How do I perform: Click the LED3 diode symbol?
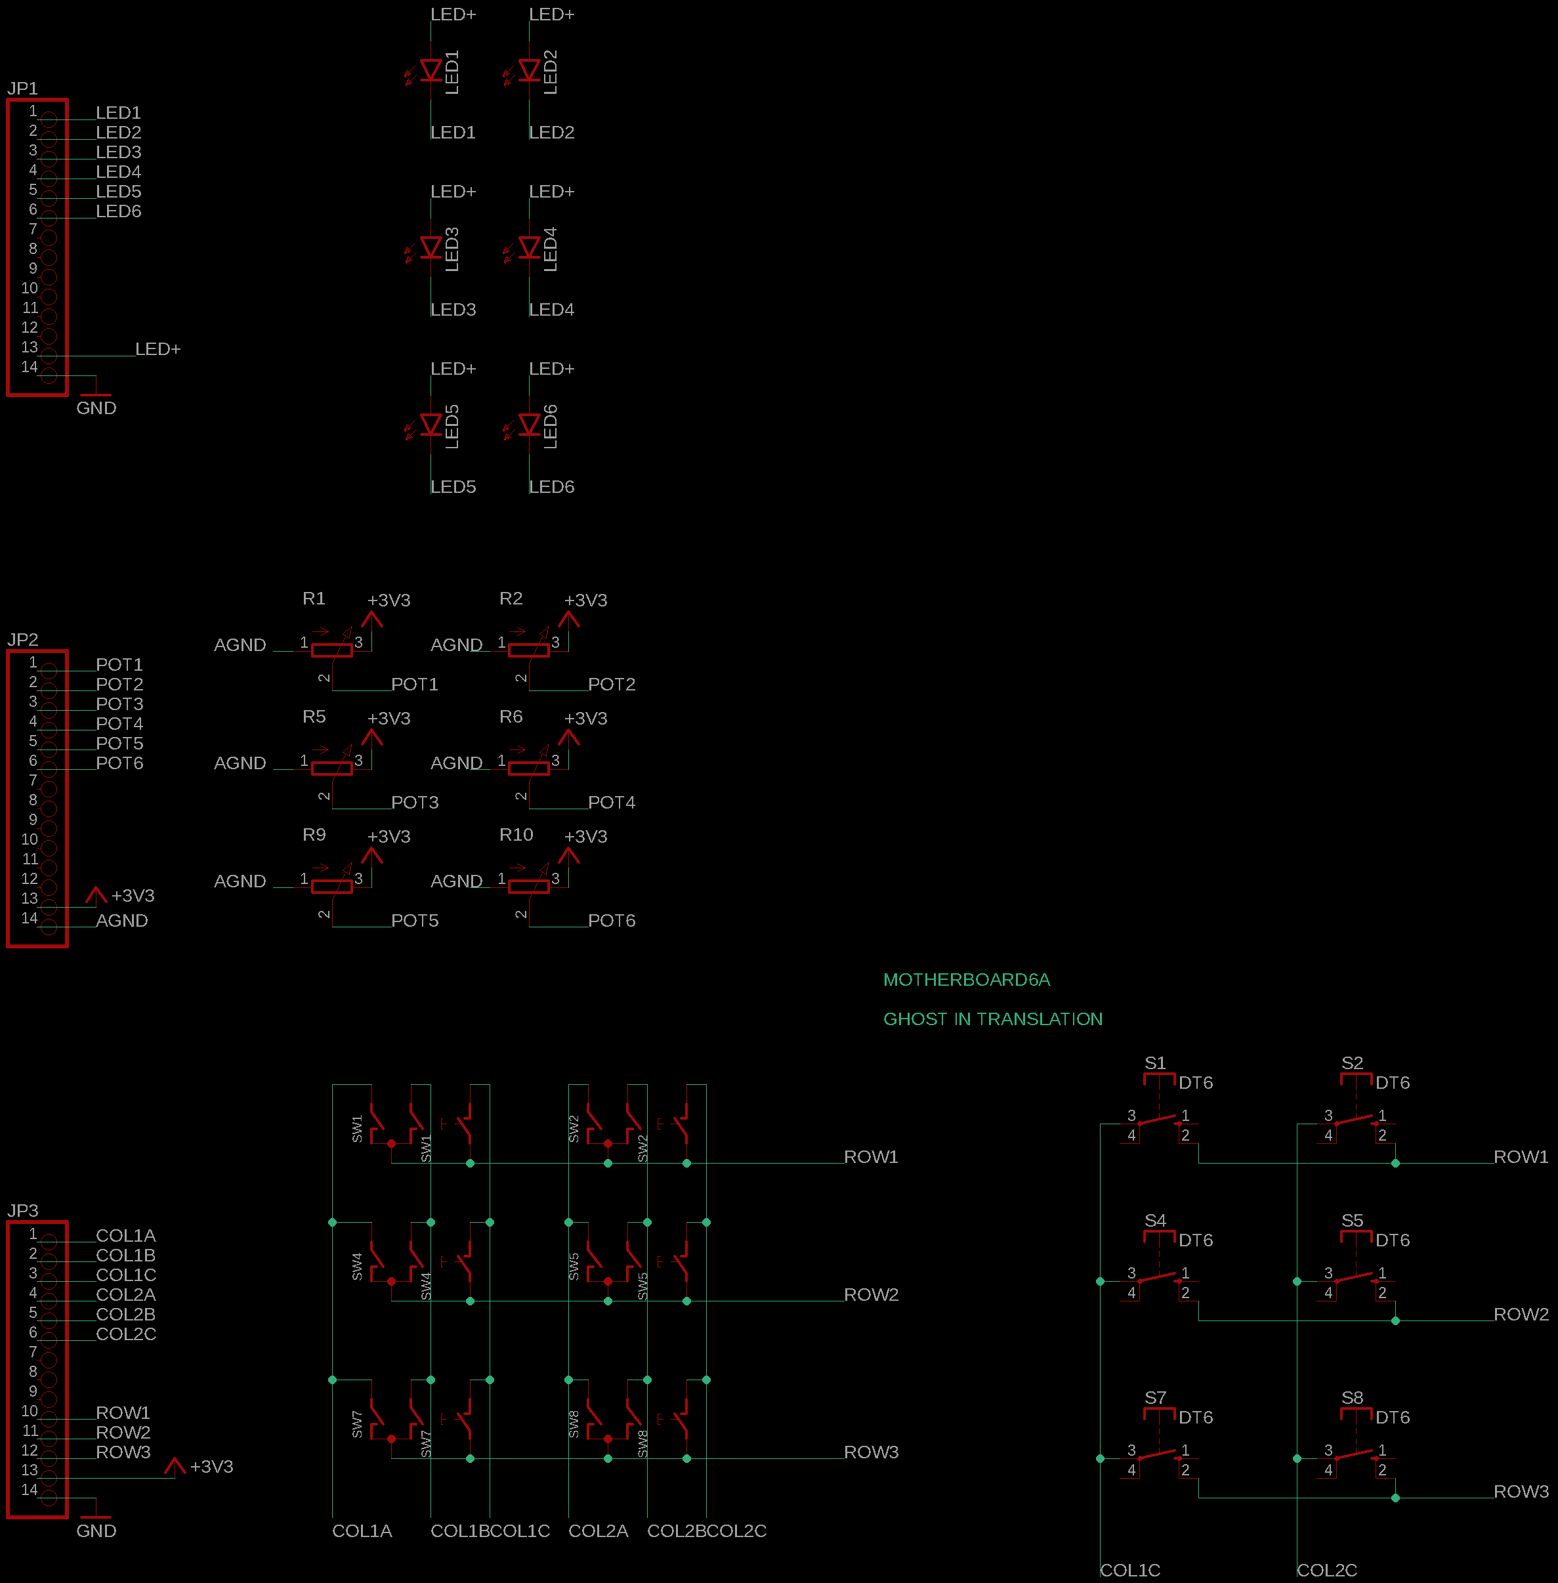pos(431,247)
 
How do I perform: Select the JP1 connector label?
pos(23,89)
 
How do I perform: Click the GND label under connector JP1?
pos(96,408)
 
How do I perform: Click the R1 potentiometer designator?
pos(314,599)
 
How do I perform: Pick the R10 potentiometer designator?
pos(516,834)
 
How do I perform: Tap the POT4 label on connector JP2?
pos(119,723)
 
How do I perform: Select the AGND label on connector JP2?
pos(122,920)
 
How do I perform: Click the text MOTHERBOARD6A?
pos(967,980)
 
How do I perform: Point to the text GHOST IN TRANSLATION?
pos(992,1019)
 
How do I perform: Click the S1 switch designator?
pos(1154,1063)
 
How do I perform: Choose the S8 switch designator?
pos(1352,1397)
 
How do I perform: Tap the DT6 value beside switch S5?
pos(1392,1240)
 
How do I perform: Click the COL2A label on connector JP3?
pos(125,1294)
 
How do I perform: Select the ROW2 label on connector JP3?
pos(123,1433)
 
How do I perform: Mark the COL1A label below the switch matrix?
pos(362,1530)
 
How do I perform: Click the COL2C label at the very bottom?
pos(1326,1570)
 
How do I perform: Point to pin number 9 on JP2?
pos(33,819)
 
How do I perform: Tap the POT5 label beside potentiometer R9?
pos(414,920)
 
